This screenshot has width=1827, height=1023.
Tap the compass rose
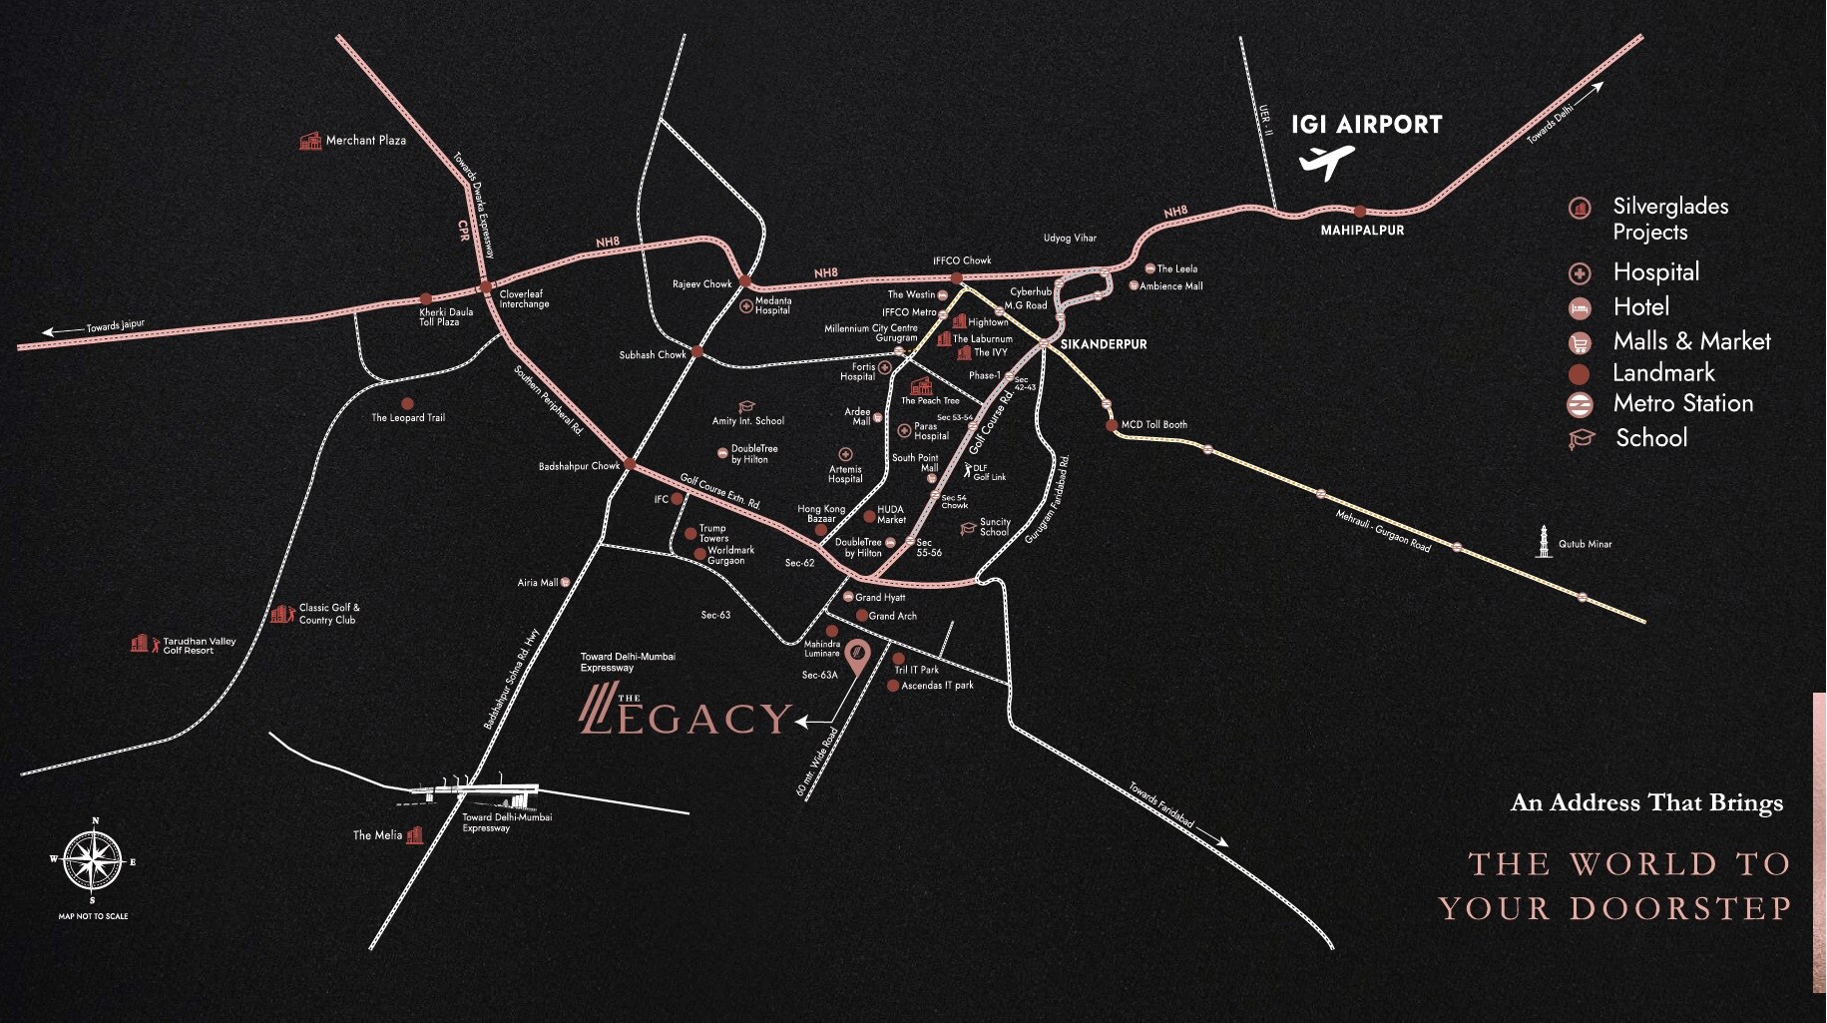point(93,860)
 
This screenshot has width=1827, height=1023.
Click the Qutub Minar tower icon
point(1544,541)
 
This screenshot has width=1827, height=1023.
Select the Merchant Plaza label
point(365,141)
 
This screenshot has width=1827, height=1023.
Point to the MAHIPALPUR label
point(1362,231)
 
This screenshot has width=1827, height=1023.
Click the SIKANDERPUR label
point(1104,344)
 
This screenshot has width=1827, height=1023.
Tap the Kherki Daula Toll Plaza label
point(446,317)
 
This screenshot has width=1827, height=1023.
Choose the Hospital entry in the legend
point(1655,272)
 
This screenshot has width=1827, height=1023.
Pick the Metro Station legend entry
point(1682,403)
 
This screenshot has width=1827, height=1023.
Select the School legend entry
point(1651,438)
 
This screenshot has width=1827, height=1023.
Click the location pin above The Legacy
point(856,654)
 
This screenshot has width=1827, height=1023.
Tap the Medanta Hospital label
point(773,305)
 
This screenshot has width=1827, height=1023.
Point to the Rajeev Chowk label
point(701,284)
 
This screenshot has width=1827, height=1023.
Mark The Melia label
point(377,835)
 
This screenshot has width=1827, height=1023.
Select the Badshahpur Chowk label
point(579,467)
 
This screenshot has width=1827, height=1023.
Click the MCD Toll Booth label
point(1153,425)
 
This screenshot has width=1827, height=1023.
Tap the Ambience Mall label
point(1170,286)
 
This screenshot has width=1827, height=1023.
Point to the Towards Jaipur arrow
point(62,331)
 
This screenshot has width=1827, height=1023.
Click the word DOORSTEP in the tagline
point(1680,908)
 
